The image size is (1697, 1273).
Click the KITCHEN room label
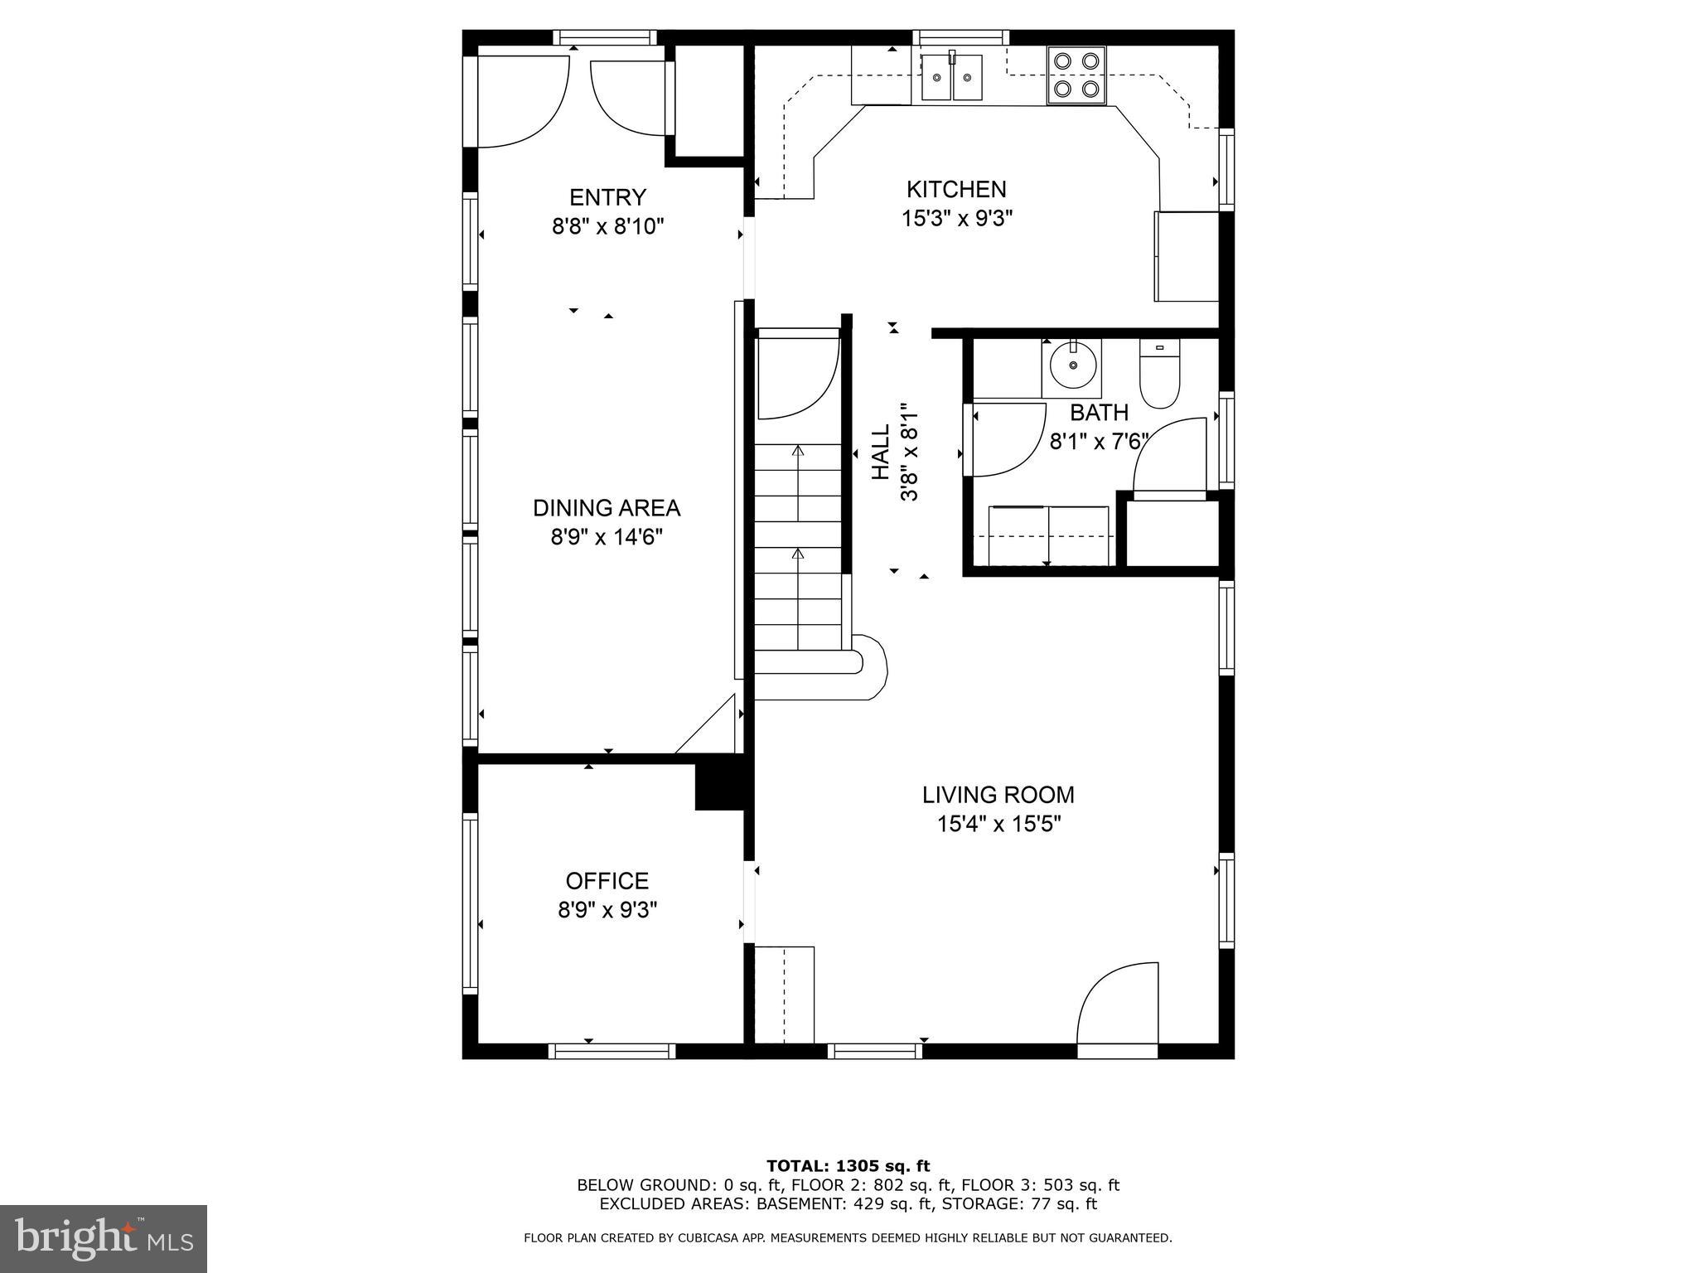[956, 190]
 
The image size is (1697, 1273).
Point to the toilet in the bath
[1158, 377]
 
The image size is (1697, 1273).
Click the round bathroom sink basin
[1073, 365]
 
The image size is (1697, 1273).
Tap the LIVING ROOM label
[998, 795]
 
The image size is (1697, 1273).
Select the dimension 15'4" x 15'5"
[998, 825]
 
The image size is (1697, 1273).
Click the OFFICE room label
[607, 881]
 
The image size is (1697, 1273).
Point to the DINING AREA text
[607, 508]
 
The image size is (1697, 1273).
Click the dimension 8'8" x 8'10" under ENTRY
[608, 226]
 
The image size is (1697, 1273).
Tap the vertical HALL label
[881, 452]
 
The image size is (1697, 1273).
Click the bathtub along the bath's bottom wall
[1049, 535]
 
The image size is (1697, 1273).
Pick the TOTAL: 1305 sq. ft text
[848, 1166]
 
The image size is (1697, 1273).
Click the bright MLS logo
[104, 1238]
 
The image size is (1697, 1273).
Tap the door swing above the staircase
[797, 377]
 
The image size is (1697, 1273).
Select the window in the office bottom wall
[612, 1051]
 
